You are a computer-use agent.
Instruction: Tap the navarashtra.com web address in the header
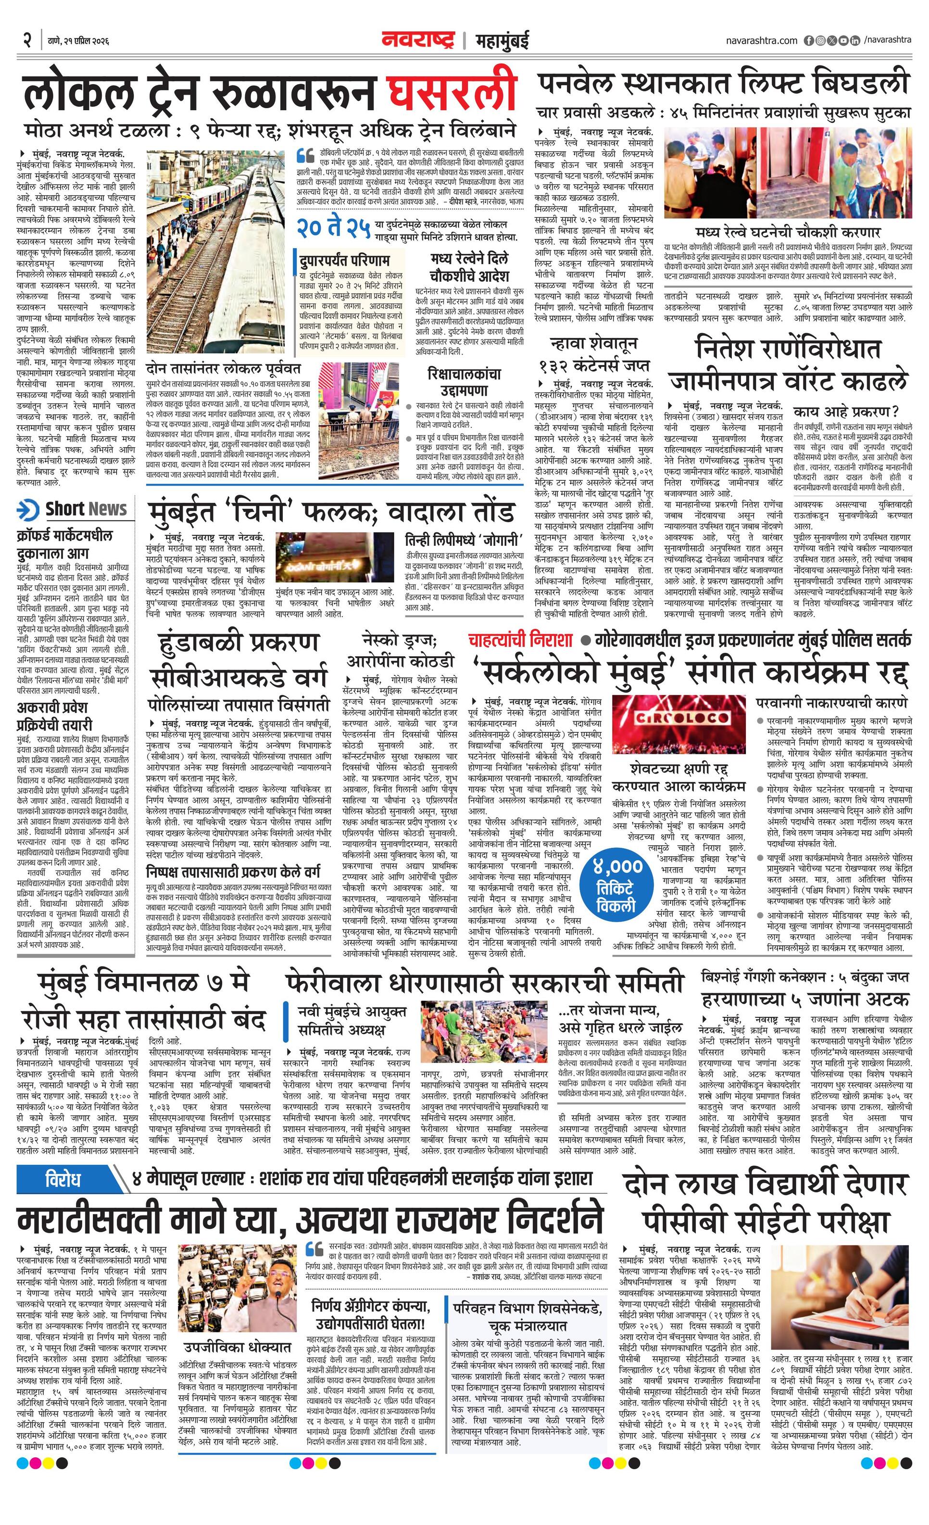click(x=761, y=40)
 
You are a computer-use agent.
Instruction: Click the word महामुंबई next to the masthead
click(x=502, y=41)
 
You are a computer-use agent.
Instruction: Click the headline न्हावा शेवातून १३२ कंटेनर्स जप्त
click(x=594, y=354)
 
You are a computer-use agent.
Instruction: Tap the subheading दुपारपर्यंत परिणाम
click(x=344, y=260)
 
